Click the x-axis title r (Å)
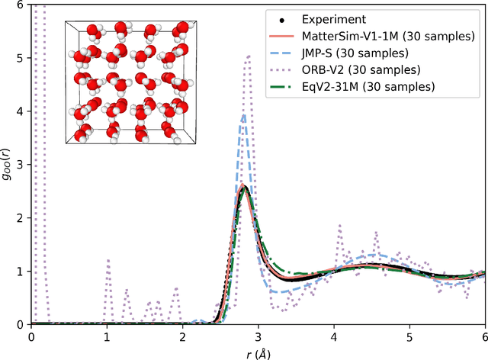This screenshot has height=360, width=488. pyautogui.click(x=258, y=352)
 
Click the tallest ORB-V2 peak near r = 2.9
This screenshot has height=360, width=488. pyautogui.click(x=248, y=56)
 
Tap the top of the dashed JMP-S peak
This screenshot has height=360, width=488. pyautogui.click(x=243, y=115)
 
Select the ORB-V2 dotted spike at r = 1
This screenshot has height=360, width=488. pyautogui.click(x=108, y=260)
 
